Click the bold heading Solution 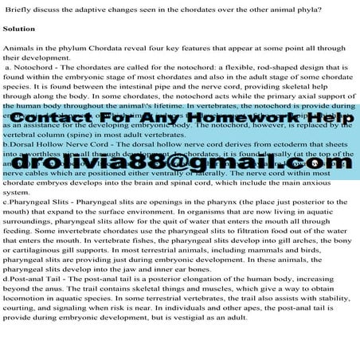pyautogui.click(x=18, y=29)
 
